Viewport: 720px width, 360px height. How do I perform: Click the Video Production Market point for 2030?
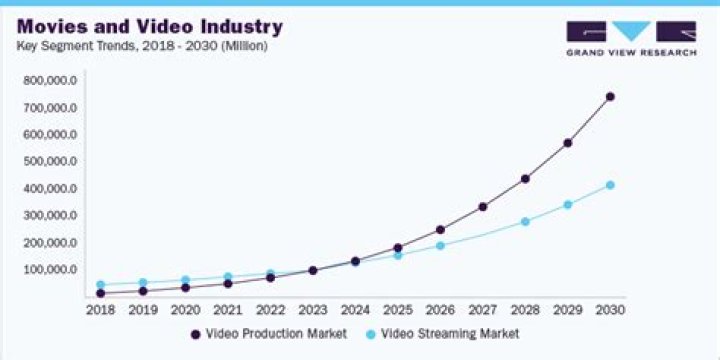coord(610,97)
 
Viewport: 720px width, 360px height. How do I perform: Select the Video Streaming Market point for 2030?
coord(610,185)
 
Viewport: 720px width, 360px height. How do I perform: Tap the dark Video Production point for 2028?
coord(525,179)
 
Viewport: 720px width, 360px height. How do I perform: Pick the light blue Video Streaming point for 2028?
coord(525,221)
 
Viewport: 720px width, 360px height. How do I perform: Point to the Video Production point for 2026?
coord(440,230)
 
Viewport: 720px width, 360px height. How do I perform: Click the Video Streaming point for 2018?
coord(100,285)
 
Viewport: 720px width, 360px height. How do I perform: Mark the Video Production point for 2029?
coord(568,143)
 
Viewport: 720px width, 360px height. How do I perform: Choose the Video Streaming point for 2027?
coord(483,235)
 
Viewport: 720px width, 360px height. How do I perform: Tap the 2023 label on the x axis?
coord(312,311)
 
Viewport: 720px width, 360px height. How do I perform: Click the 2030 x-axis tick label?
coord(610,311)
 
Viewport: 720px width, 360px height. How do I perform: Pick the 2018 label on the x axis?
coord(100,311)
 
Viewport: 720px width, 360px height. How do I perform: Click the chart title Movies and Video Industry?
coord(150,26)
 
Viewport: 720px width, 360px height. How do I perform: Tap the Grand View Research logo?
coord(630,38)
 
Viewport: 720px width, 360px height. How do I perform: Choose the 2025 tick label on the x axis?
coord(397,311)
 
